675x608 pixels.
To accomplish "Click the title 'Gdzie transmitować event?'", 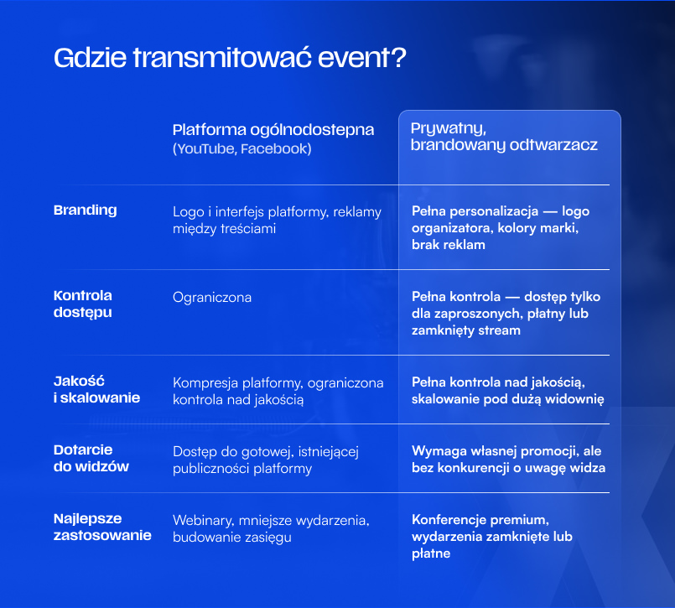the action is pyautogui.click(x=230, y=58).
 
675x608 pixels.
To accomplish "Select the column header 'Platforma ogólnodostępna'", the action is pyautogui.click(x=273, y=130).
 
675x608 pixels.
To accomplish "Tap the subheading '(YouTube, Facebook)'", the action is pyautogui.click(x=242, y=149).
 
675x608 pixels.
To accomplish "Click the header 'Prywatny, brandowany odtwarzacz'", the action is pyautogui.click(x=504, y=137).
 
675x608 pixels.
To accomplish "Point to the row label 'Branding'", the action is pyautogui.click(x=86, y=210).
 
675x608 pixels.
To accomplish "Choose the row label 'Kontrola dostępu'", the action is pyautogui.click(x=83, y=304).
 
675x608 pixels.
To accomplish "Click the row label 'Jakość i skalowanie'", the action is pyautogui.click(x=97, y=389).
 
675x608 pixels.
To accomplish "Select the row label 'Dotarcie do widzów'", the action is pyautogui.click(x=91, y=458).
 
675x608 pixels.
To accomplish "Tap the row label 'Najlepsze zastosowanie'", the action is pyautogui.click(x=102, y=527).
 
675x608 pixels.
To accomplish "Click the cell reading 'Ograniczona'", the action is pyautogui.click(x=212, y=298).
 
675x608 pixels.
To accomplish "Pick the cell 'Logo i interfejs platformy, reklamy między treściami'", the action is pyautogui.click(x=278, y=220).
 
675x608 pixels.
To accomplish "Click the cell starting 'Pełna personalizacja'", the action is pyautogui.click(x=501, y=228).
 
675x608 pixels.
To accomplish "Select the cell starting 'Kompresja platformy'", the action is pyautogui.click(x=278, y=392).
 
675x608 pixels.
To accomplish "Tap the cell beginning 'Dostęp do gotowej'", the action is pyautogui.click(x=266, y=460).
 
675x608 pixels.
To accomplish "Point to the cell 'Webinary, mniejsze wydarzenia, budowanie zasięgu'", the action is pyautogui.click(x=271, y=529).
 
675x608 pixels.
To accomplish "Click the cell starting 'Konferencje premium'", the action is pyautogui.click(x=492, y=537).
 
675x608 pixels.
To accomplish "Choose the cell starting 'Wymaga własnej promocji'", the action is pyautogui.click(x=508, y=460).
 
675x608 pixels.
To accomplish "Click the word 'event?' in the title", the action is pyautogui.click(x=361, y=58).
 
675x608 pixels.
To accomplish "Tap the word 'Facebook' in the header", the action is pyautogui.click(x=276, y=149).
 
